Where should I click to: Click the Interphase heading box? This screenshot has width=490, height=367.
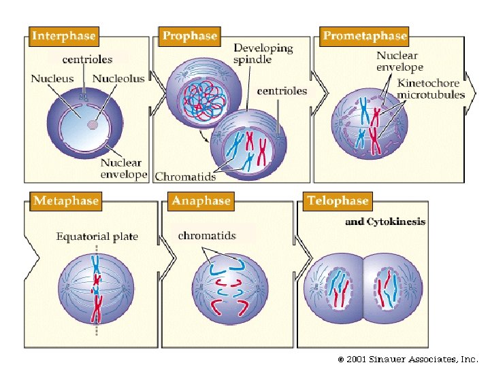(x=64, y=36)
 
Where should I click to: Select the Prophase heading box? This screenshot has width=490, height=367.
(x=190, y=36)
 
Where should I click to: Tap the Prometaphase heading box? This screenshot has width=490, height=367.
(x=365, y=36)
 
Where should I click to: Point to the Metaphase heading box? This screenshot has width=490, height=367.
(x=65, y=200)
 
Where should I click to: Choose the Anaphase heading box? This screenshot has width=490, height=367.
(x=201, y=200)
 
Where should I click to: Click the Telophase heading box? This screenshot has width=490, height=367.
(x=338, y=200)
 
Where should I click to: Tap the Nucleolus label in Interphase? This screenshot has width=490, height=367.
(x=118, y=79)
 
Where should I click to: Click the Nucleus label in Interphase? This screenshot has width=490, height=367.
(x=52, y=79)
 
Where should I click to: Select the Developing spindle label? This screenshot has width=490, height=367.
(x=263, y=54)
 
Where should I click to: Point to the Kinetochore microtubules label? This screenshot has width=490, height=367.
(x=431, y=88)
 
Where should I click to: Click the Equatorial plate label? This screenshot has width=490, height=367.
(x=97, y=237)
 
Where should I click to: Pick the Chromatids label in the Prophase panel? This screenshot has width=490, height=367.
(x=185, y=177)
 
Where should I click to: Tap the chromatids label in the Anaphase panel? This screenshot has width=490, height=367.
(x=207, y=236)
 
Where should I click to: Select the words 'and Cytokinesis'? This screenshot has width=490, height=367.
(x=385, y=222)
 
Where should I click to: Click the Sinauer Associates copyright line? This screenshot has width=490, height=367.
(x=408, y=358)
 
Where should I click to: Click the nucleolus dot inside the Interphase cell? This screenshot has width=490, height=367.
(x=93, y=125)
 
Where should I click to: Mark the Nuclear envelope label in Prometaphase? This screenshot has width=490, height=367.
(x=399, y=61)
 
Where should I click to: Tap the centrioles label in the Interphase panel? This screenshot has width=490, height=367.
(x=87, y=60)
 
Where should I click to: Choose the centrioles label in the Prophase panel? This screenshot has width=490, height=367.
(x=282, y=90)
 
